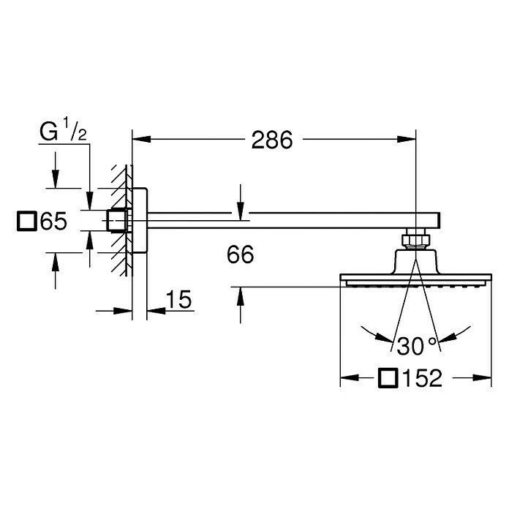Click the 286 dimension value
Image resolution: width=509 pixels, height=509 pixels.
point(271,140)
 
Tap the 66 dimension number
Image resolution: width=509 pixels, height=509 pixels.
point(240,255)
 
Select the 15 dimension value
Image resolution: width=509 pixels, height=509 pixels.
point(178,299)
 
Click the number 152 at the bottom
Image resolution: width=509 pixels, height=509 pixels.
point(423,378)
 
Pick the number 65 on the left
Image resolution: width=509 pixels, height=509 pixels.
point(54,221)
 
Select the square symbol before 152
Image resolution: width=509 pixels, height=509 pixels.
point(389,378)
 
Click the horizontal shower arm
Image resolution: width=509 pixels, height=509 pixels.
point(293,219)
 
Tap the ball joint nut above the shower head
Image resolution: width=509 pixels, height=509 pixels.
point(415,238)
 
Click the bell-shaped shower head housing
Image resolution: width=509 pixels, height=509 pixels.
point(415,262)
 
